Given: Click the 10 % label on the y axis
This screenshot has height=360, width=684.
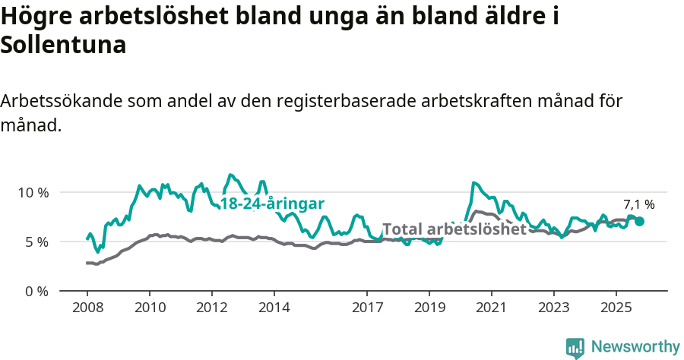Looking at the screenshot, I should [33, 192].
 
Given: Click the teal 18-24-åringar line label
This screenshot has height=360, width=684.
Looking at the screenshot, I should [272, 204].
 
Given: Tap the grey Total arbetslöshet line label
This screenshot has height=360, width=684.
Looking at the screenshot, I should [454, 229].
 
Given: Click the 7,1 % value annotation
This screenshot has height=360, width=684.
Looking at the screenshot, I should [639, 204].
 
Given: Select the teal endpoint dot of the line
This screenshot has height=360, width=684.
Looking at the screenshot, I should [639, 221].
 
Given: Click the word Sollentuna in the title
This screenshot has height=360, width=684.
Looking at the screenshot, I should [63, 45].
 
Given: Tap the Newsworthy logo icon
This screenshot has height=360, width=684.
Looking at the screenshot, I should [575, 348].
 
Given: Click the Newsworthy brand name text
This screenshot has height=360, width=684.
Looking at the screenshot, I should [635, 347].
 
